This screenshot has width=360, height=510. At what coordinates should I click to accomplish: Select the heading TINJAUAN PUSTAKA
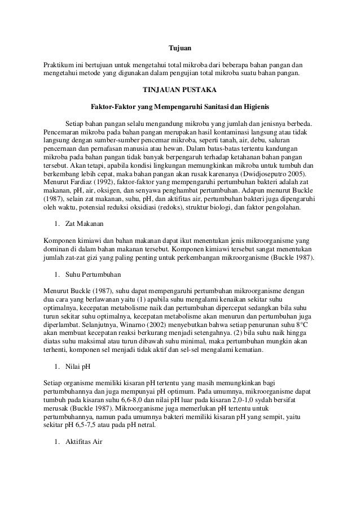pos(181,89)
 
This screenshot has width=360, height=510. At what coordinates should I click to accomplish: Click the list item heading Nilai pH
pos(78,365)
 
